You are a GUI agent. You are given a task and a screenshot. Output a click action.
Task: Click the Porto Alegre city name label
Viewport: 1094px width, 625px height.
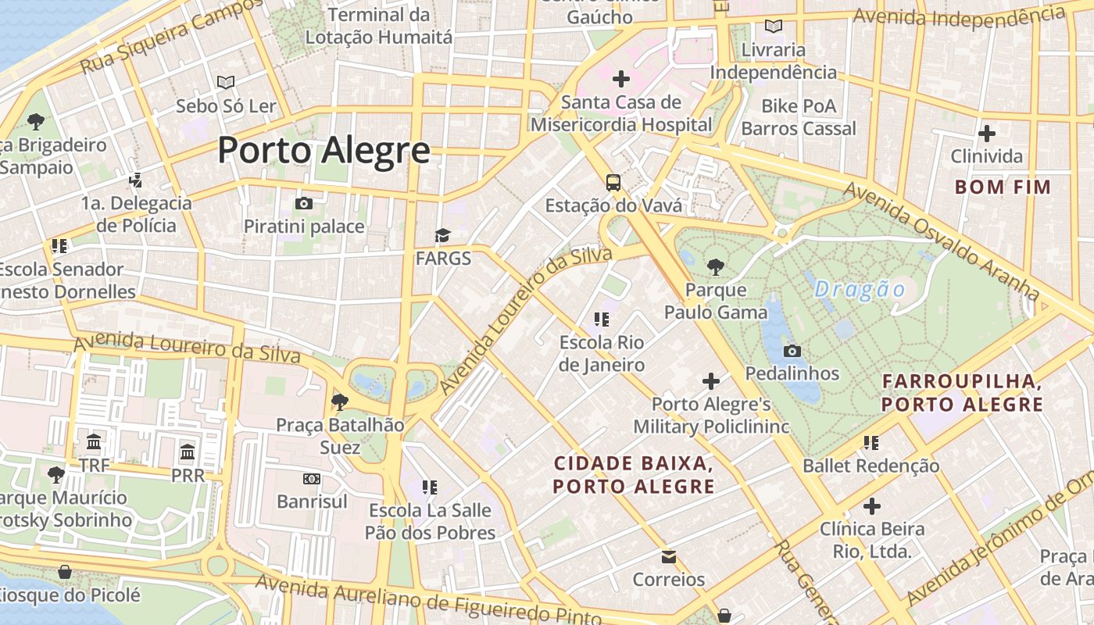pos(324,150)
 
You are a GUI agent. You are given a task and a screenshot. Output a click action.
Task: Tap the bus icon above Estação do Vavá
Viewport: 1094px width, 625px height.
pos(613,183)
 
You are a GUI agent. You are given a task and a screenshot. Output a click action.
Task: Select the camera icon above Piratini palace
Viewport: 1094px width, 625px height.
pos(304,204)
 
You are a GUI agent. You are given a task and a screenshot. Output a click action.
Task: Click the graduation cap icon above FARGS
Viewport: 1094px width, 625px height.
pos(443,235)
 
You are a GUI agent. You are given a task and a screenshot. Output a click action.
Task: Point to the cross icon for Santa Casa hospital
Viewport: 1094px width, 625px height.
pos(621,79)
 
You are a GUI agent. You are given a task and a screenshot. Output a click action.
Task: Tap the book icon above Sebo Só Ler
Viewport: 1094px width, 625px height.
pos(226,82)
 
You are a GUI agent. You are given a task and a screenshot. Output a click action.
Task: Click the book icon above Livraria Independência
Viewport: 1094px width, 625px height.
pos(774,27)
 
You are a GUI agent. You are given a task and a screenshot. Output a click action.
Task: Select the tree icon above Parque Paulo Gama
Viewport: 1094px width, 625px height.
pos(715,267)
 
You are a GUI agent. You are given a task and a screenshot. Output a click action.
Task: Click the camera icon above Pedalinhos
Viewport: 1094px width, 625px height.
pos(792,351)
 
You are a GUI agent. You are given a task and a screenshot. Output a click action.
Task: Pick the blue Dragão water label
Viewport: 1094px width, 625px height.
pos(860,290)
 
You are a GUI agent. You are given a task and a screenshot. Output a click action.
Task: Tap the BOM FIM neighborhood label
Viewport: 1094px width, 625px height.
pos(1003,187)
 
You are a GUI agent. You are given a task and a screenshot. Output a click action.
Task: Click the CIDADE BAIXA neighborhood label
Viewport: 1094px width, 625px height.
pos(634,474)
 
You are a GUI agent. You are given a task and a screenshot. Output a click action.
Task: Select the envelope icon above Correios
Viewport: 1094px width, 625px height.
pos(669,557)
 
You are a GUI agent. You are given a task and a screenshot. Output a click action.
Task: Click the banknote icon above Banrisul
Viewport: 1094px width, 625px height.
pos(312,478)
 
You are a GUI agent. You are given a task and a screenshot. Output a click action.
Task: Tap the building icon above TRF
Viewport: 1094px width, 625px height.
pos(94,442)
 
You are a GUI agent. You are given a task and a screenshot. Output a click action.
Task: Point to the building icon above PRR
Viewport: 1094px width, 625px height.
pos(188,452)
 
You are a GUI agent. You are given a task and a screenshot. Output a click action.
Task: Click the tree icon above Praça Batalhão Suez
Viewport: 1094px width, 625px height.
pos(339,402)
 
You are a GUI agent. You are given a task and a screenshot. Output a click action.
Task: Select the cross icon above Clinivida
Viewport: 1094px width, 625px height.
pos(986,134)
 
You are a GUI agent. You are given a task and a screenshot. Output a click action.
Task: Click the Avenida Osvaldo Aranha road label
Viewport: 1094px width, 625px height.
pos(942,241)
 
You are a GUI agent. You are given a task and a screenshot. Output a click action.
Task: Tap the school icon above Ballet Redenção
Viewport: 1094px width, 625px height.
pos(871,443)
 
